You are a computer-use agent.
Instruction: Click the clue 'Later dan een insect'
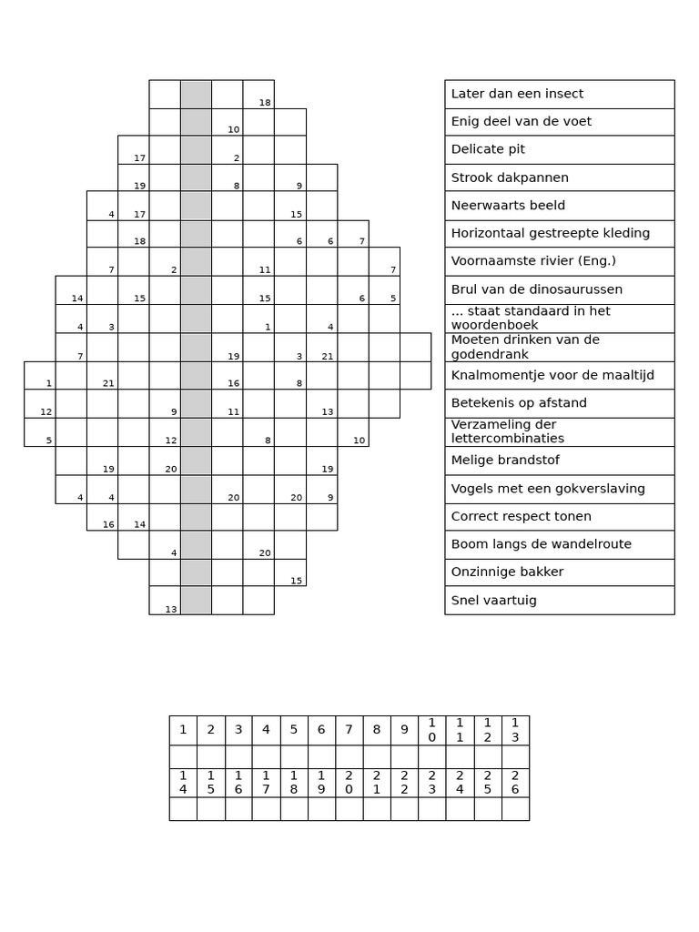tap(517, 94)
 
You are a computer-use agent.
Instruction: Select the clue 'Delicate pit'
tap(488, 149)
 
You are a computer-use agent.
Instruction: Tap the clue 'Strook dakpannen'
tap(510, 177)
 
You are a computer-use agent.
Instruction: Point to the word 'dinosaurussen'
tap(579, 289)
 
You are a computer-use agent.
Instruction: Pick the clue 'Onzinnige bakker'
tap(507, 572)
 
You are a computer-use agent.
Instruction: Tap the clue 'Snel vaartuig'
tap(493, 601)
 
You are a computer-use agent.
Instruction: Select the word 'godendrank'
tap(489, 353)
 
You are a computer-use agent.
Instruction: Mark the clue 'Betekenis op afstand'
tap(519, 403)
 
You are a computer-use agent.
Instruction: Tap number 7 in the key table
tap(349, 730)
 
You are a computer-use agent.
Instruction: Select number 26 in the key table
tap(515, 783)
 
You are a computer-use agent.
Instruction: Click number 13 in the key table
tap(515, 730)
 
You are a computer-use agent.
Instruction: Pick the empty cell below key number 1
tap(183, 756)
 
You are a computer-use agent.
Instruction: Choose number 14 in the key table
tap(183, 783)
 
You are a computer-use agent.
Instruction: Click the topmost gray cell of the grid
tap(196, 94)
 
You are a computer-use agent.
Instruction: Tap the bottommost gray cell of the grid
tap(196, 601)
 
